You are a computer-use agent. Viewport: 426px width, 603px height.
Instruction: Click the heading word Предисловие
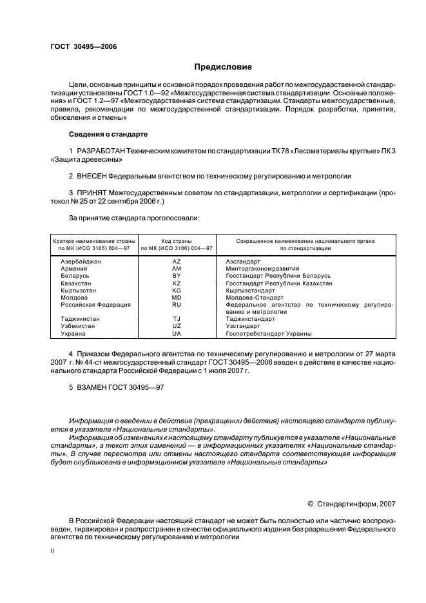pos(224,67)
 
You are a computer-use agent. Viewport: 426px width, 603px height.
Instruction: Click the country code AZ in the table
pos(177,262)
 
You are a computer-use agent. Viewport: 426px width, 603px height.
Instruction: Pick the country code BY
pos(177,276)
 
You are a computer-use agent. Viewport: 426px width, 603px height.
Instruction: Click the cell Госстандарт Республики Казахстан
pos(279,283)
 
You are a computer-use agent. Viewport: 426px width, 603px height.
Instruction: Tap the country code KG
pos(177,290)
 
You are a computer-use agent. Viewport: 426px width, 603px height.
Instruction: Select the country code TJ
pos(177,318)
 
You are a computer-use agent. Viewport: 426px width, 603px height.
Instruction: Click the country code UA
pos(177,333)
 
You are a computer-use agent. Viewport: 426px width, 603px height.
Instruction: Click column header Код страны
pos(177,241)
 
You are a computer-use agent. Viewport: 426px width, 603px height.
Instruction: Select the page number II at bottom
pos(53,551)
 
